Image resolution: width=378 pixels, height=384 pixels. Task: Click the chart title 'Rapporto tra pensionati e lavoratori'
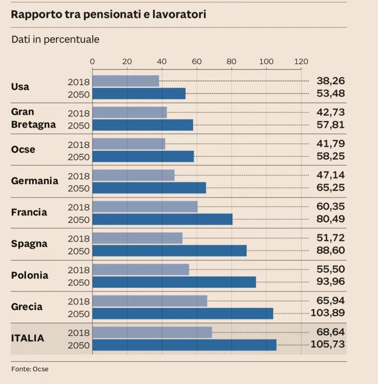point(109,15)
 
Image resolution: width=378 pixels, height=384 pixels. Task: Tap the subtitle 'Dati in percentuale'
point(55,39)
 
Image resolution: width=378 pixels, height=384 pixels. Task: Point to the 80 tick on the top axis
point(232,62)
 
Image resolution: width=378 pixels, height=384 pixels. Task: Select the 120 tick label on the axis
point(301,62)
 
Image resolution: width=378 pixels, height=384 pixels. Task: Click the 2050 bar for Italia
point(184,345)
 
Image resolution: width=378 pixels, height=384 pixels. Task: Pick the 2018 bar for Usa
point(126,81)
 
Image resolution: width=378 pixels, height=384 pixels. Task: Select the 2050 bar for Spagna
point(169,250)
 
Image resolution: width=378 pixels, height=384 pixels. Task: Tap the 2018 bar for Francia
point(145,207)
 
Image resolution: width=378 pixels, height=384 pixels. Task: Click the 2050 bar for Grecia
point(182,313)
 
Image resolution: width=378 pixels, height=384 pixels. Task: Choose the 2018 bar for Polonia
point(140,270)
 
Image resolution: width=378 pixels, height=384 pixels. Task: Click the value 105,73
point(328,344)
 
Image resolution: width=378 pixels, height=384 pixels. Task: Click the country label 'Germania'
point(34,181)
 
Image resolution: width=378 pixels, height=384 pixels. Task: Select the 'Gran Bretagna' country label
point(33,118)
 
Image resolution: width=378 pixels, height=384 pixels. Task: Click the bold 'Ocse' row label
point(23,150)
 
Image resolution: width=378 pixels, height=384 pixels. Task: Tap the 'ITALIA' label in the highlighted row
point(28,338)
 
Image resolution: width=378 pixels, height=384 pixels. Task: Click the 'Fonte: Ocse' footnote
point(30,369)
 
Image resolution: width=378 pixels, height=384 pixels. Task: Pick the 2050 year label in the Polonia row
point(79,282)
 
